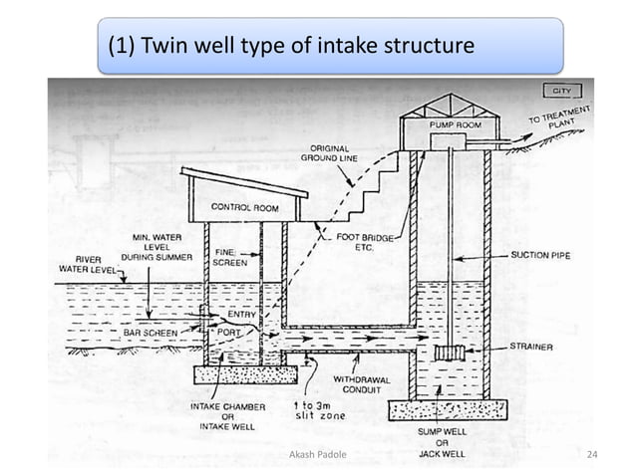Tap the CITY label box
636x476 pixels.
[558, 91]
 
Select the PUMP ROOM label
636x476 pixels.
[456, 126]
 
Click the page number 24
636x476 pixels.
[592, 455]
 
